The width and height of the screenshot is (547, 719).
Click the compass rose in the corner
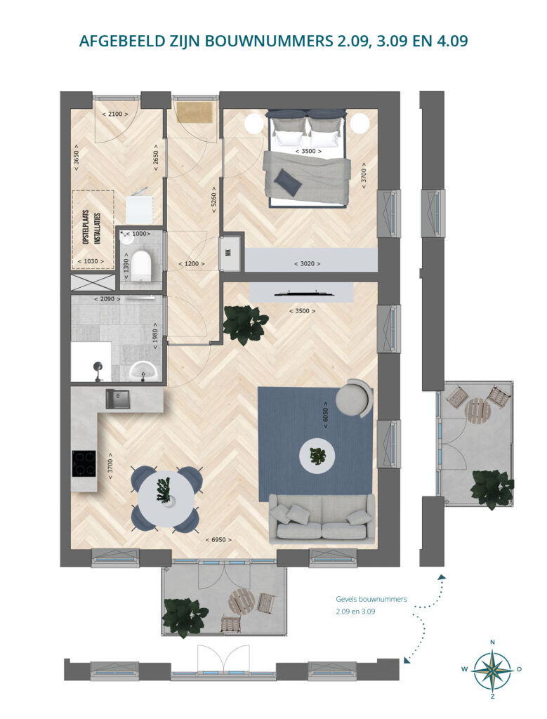(492, 669)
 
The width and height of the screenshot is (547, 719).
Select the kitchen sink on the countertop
(118, 399)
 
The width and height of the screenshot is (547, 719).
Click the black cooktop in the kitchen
(84, 464)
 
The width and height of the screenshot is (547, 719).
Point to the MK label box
(228, 251)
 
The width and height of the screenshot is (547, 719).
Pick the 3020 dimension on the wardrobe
(307, 264)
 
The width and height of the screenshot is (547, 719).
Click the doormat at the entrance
(196, 113)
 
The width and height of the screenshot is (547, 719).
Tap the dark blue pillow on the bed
(287, 182)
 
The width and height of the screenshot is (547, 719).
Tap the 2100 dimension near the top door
(114, 114)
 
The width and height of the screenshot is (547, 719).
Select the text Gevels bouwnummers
(371, 599)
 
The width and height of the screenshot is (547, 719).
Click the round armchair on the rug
(354, 398)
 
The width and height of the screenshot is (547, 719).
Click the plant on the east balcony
(492, 489)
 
